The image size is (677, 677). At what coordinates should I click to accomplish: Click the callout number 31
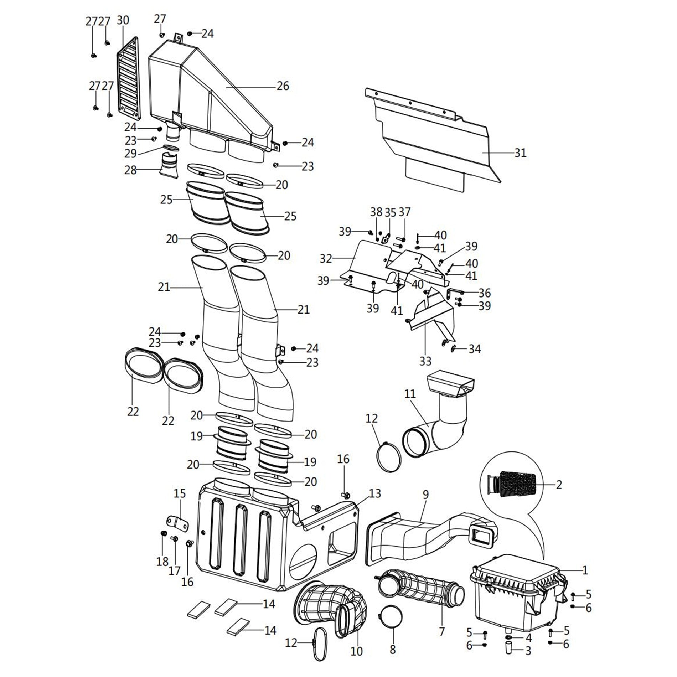click(520, 153)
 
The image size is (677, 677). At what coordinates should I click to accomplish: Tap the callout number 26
click(283, 86)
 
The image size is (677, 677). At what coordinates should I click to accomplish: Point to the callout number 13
click(375, 493)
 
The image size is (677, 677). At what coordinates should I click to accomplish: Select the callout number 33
click(425, 361)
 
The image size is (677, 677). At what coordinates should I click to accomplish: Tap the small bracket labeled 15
click(177, 524)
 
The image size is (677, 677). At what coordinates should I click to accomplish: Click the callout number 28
click(130, 170)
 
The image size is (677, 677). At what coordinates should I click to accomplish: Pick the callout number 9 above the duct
click(425, 495)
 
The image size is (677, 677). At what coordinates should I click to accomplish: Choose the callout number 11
click(410, 394)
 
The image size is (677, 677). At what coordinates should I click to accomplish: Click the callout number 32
click(326, 259)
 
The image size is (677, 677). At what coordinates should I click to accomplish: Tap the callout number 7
click(442, 632)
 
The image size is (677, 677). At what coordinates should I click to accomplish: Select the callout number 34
click(474, 349)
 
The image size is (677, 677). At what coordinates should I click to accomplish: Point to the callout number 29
click(130, 153)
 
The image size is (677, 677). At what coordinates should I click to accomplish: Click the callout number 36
click(485, 293)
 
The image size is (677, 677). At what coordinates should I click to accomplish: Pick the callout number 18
click(162, 562)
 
